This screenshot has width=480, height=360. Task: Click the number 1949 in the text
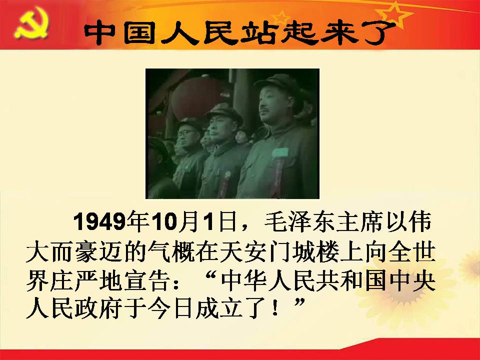(99, 221)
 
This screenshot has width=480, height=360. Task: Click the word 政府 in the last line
(100, 309)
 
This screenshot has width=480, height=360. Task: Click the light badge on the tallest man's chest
(280, 152)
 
